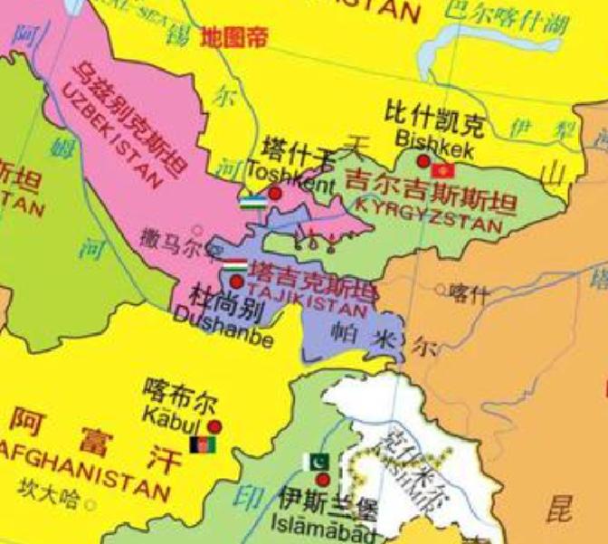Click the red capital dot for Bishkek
[x=423, y=161]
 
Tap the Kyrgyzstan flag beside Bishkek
[x=442, y=170]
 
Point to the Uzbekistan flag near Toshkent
[x=252, y=199]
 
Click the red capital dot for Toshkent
[x=275, y=194]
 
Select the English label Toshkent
[x=290, y=172]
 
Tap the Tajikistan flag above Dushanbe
[x=233, y=264]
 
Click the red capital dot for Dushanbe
[x=237, y=282]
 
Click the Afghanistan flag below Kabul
[x=200, y=444]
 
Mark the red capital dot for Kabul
[x=214, y=426]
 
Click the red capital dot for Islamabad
[x=322, y=479]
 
